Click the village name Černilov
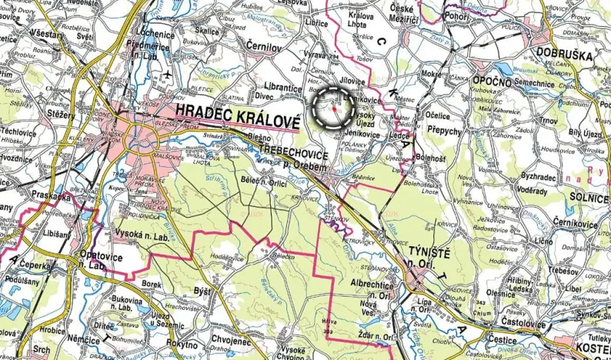[266, 45]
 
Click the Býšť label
[202, 292]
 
